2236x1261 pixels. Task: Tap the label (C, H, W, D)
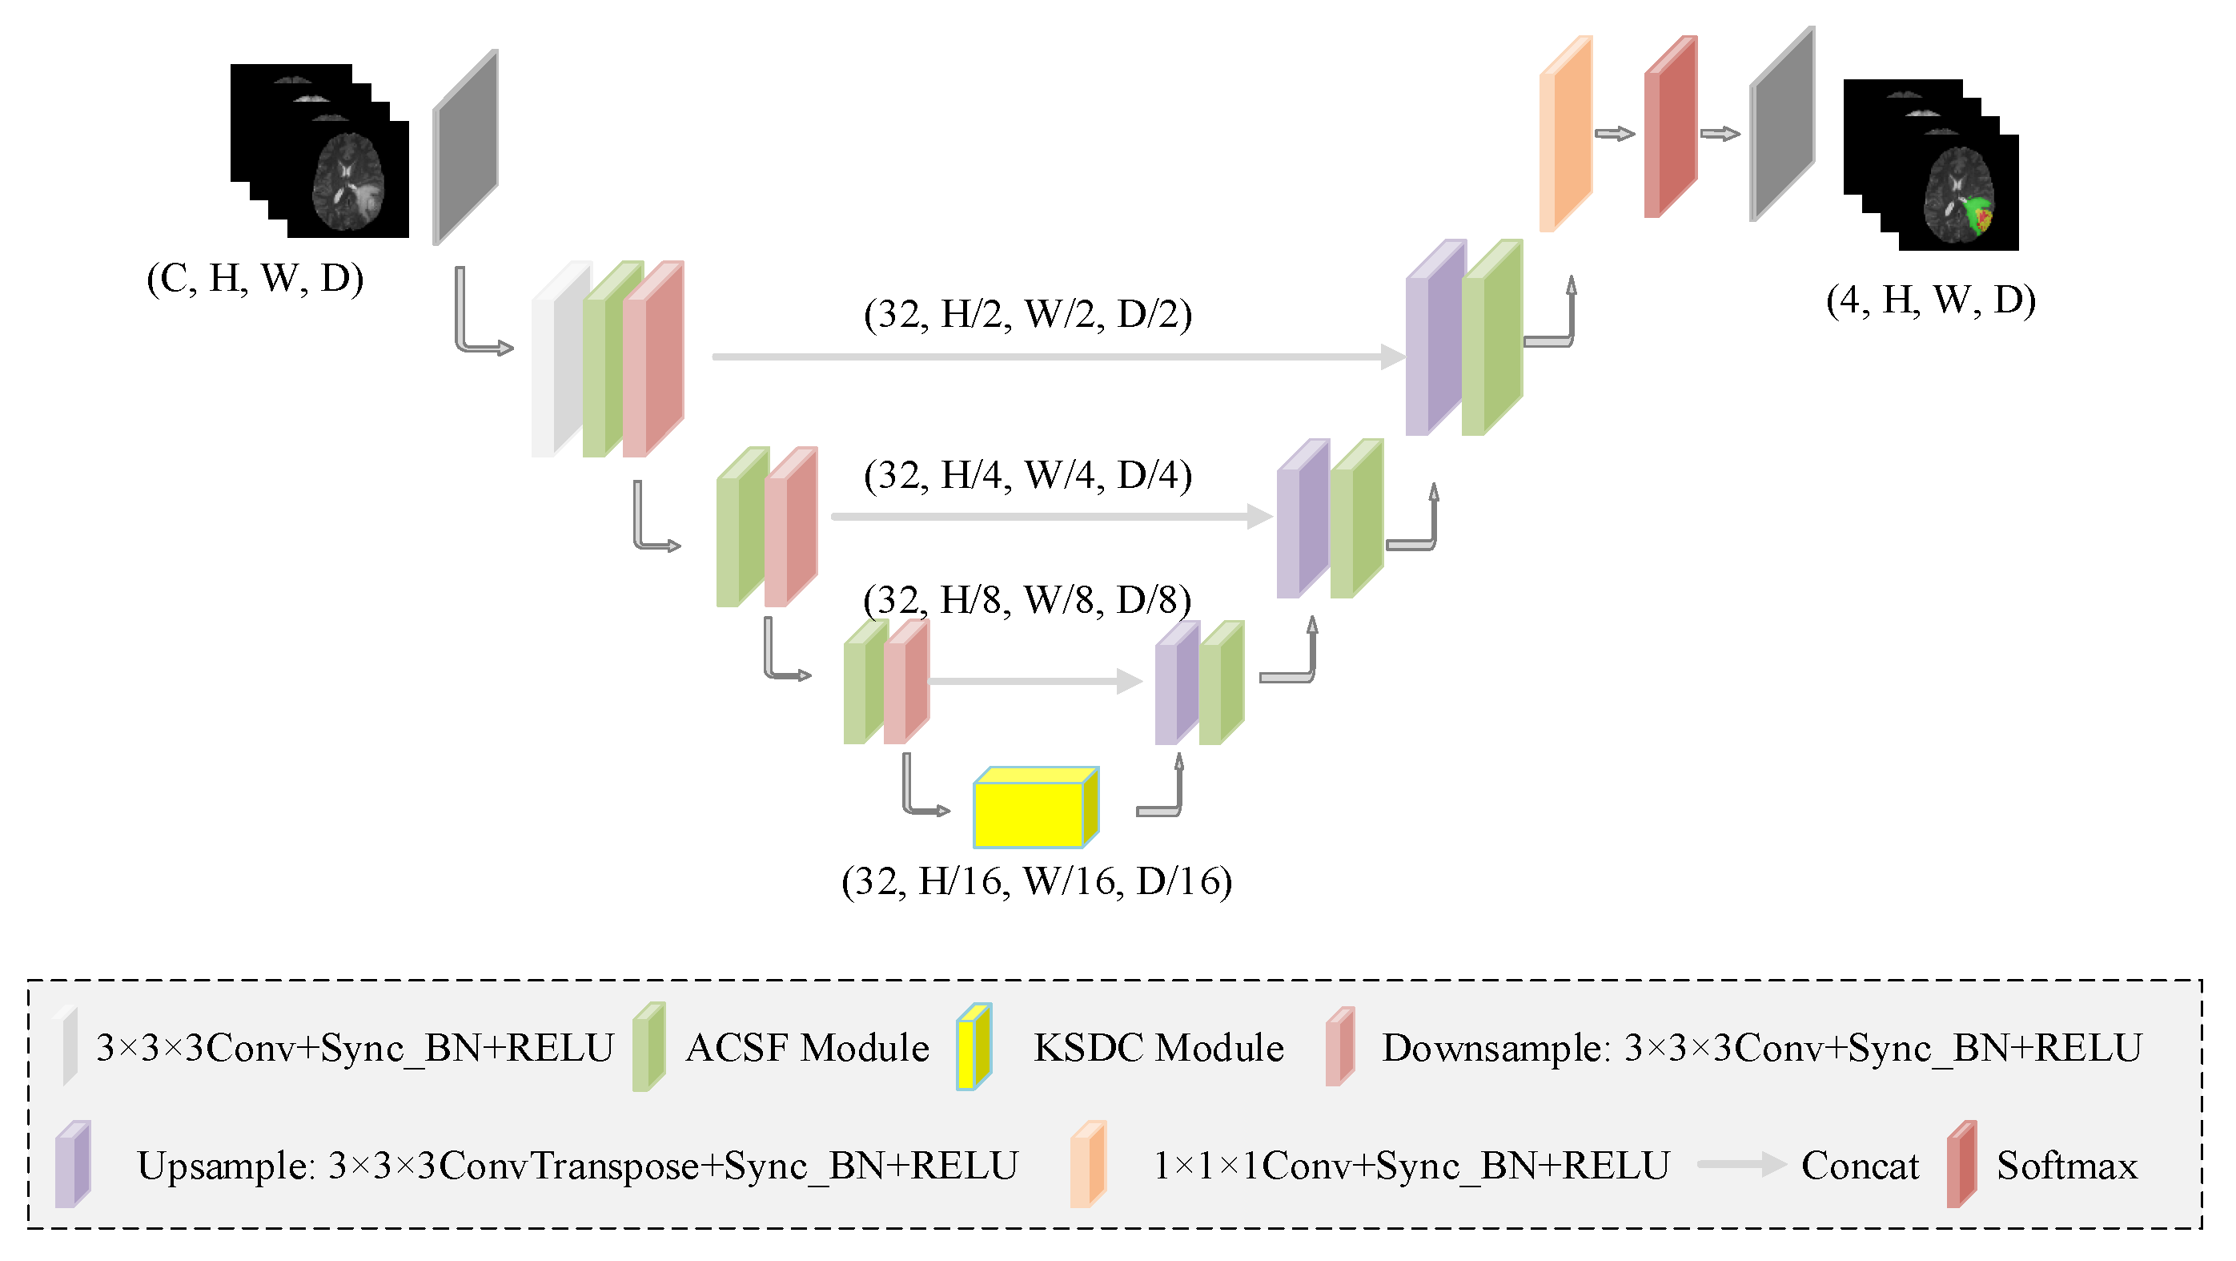pos(255,278)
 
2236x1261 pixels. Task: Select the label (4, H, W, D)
pos(1930,300)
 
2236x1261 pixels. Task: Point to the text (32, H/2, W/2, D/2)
pos(1028,313)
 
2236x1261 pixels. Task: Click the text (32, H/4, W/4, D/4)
pos(1028,475)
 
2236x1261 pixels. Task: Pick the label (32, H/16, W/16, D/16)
pos(1037,880)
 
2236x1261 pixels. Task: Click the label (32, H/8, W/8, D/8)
pos(1027,600)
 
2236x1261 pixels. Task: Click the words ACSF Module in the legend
pos(807,1047)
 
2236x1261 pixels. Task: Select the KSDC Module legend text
pos(1158,1047)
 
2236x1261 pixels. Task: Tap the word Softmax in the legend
pos(2067,1166)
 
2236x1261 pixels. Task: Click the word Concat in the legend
pos(1859,1166)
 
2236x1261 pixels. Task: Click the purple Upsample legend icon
pos(72,1165)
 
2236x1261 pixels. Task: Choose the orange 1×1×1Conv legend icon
pos(1086,1165)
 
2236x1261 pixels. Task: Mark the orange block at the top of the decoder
pos(1564,135)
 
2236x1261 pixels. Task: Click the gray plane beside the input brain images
pos(465,147)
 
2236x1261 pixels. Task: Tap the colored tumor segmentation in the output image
pos(1979,215)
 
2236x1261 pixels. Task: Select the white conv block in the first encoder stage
pos(556,361)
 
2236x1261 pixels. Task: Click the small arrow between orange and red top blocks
pos(1615,134)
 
